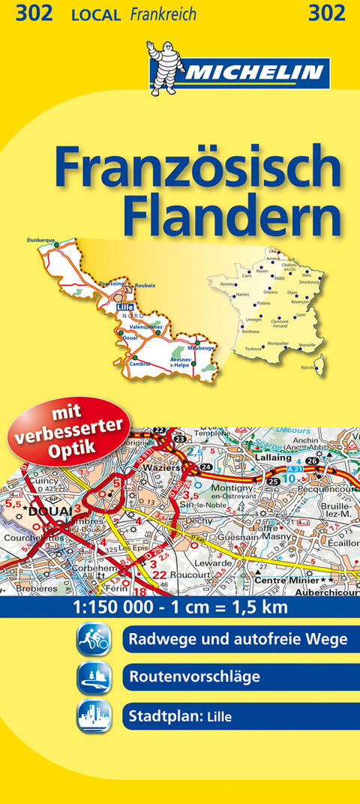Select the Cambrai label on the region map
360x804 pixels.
coord(139,364)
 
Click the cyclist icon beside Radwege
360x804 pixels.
coord(94,640)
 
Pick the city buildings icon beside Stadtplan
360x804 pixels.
coord(94,715)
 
